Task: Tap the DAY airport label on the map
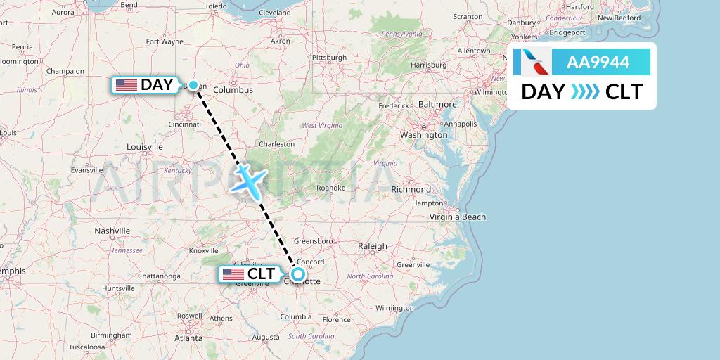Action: (146, 85)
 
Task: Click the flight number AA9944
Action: (598, 63)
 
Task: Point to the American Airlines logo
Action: (531, 63)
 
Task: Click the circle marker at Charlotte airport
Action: (298, 274)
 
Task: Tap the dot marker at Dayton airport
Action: (193, 85)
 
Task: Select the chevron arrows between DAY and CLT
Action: (585, 92)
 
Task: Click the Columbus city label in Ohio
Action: (233, 90)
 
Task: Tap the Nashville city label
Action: (112, 231)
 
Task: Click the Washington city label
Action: (424, 134)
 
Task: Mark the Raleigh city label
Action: (373, 246)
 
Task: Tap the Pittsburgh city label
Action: (330, 58)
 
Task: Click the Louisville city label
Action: (145, 147)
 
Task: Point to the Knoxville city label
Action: (204, 250)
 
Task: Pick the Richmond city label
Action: (411, 189)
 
